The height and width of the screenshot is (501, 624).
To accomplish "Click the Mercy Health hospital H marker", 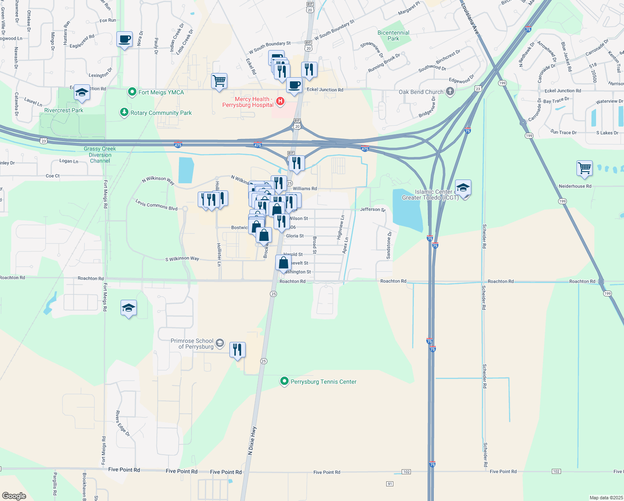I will pyautogui.click(x=280, y=101).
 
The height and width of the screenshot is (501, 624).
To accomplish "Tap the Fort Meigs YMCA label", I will pyautogui.click(x=161, y=92).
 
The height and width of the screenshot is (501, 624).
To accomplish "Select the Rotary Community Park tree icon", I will pyautogui.click(x=124, y=112).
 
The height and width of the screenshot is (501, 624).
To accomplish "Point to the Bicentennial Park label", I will pyautogui.click(x=393, y=35).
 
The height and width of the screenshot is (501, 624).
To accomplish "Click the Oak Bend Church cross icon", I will pyautogui.click(x=450, y=91).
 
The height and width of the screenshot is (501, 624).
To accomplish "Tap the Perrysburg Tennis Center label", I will pyautogui.click(x=323, y=382).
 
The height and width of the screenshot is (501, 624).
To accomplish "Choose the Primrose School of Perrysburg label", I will pyautogui.click(x=192, y=344).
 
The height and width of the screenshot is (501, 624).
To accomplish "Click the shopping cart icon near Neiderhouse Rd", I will pyautogui.click(x=584, y=168).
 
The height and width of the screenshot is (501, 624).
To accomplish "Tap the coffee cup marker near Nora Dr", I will pyautogui.click(x=124, y=40).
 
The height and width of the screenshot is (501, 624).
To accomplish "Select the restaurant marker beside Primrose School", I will pyautogui.click(x=237, y=350).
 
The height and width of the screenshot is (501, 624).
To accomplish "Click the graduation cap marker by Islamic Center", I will pyautogui.click(x=463, y=188).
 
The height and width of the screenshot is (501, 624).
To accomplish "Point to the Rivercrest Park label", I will pyautogui.click(x=64, y=110).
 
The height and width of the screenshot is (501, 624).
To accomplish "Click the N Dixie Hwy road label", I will pyautogui.click(x=252, y=440).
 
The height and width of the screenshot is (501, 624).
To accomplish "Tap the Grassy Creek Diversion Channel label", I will pyautogui.click(x=100, y=154).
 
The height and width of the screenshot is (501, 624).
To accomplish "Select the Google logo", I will pyautogui.click(x=14, y=496).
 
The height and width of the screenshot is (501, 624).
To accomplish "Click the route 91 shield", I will pyautogui.click(x=390, y=484).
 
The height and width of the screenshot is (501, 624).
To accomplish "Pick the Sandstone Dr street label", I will pyautogui.click(x=389, y=245).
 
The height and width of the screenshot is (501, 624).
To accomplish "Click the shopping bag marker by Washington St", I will pyautogui.click(x=283, y=263).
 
